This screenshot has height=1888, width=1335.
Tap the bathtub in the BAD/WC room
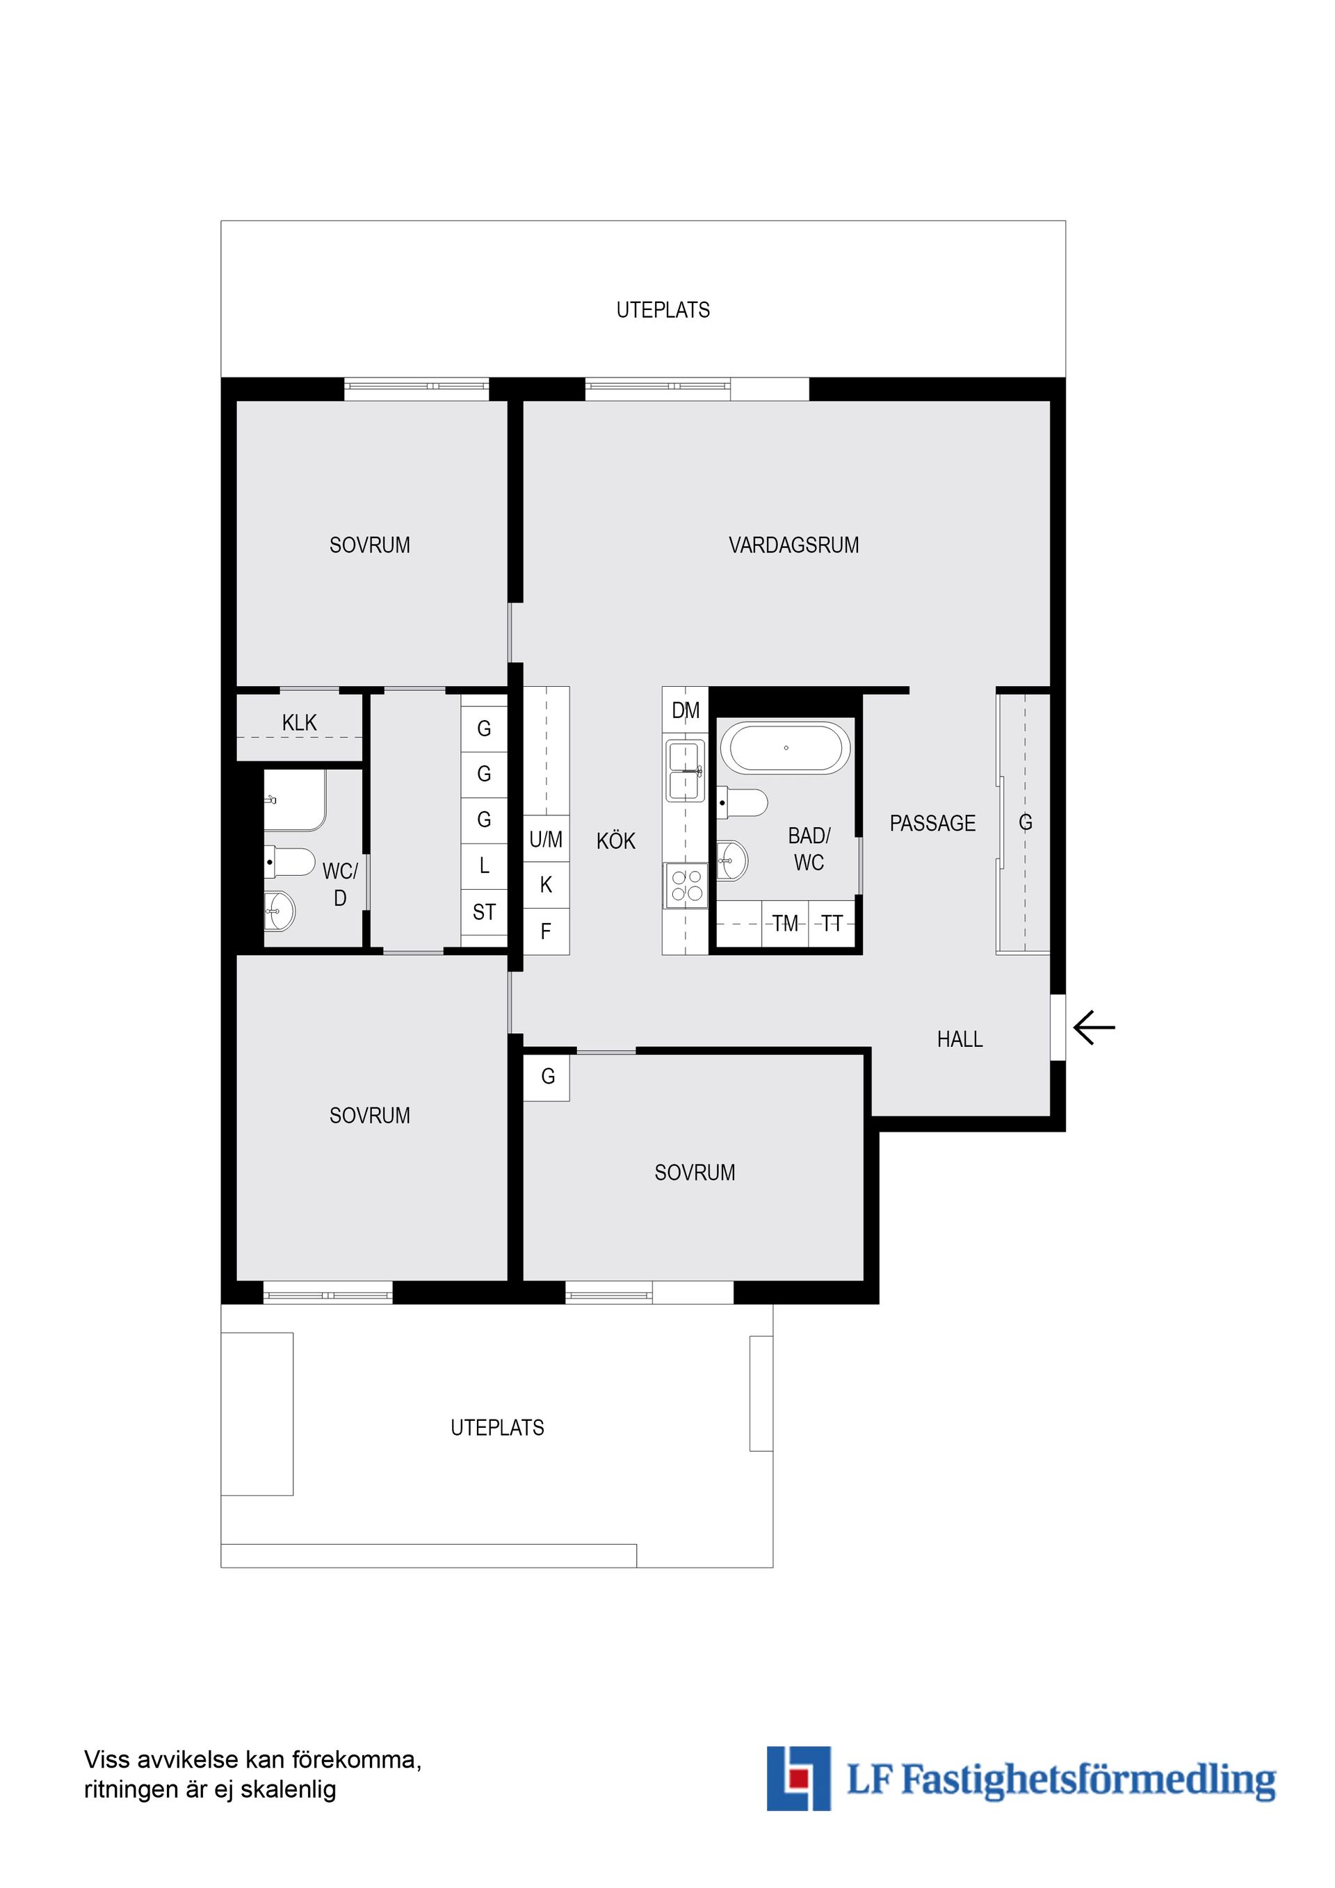[x=786, y=748]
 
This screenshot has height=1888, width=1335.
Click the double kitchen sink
[x=685, y=770]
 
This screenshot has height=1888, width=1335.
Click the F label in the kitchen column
[x=545, y=931]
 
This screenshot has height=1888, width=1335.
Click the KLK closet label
[x=300, y=723]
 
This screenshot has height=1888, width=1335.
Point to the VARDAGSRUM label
[x=794, y=545]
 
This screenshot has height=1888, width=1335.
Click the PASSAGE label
[x=933, y=823]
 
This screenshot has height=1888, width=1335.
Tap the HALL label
[x=960, y=1039]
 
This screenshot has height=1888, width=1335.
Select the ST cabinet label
[x=484, y=912]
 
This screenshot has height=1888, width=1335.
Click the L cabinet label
[x=484, y=865]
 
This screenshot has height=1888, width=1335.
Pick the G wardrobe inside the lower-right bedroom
[x=547, y=1076]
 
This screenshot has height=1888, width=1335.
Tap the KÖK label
[x=616, y=841]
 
